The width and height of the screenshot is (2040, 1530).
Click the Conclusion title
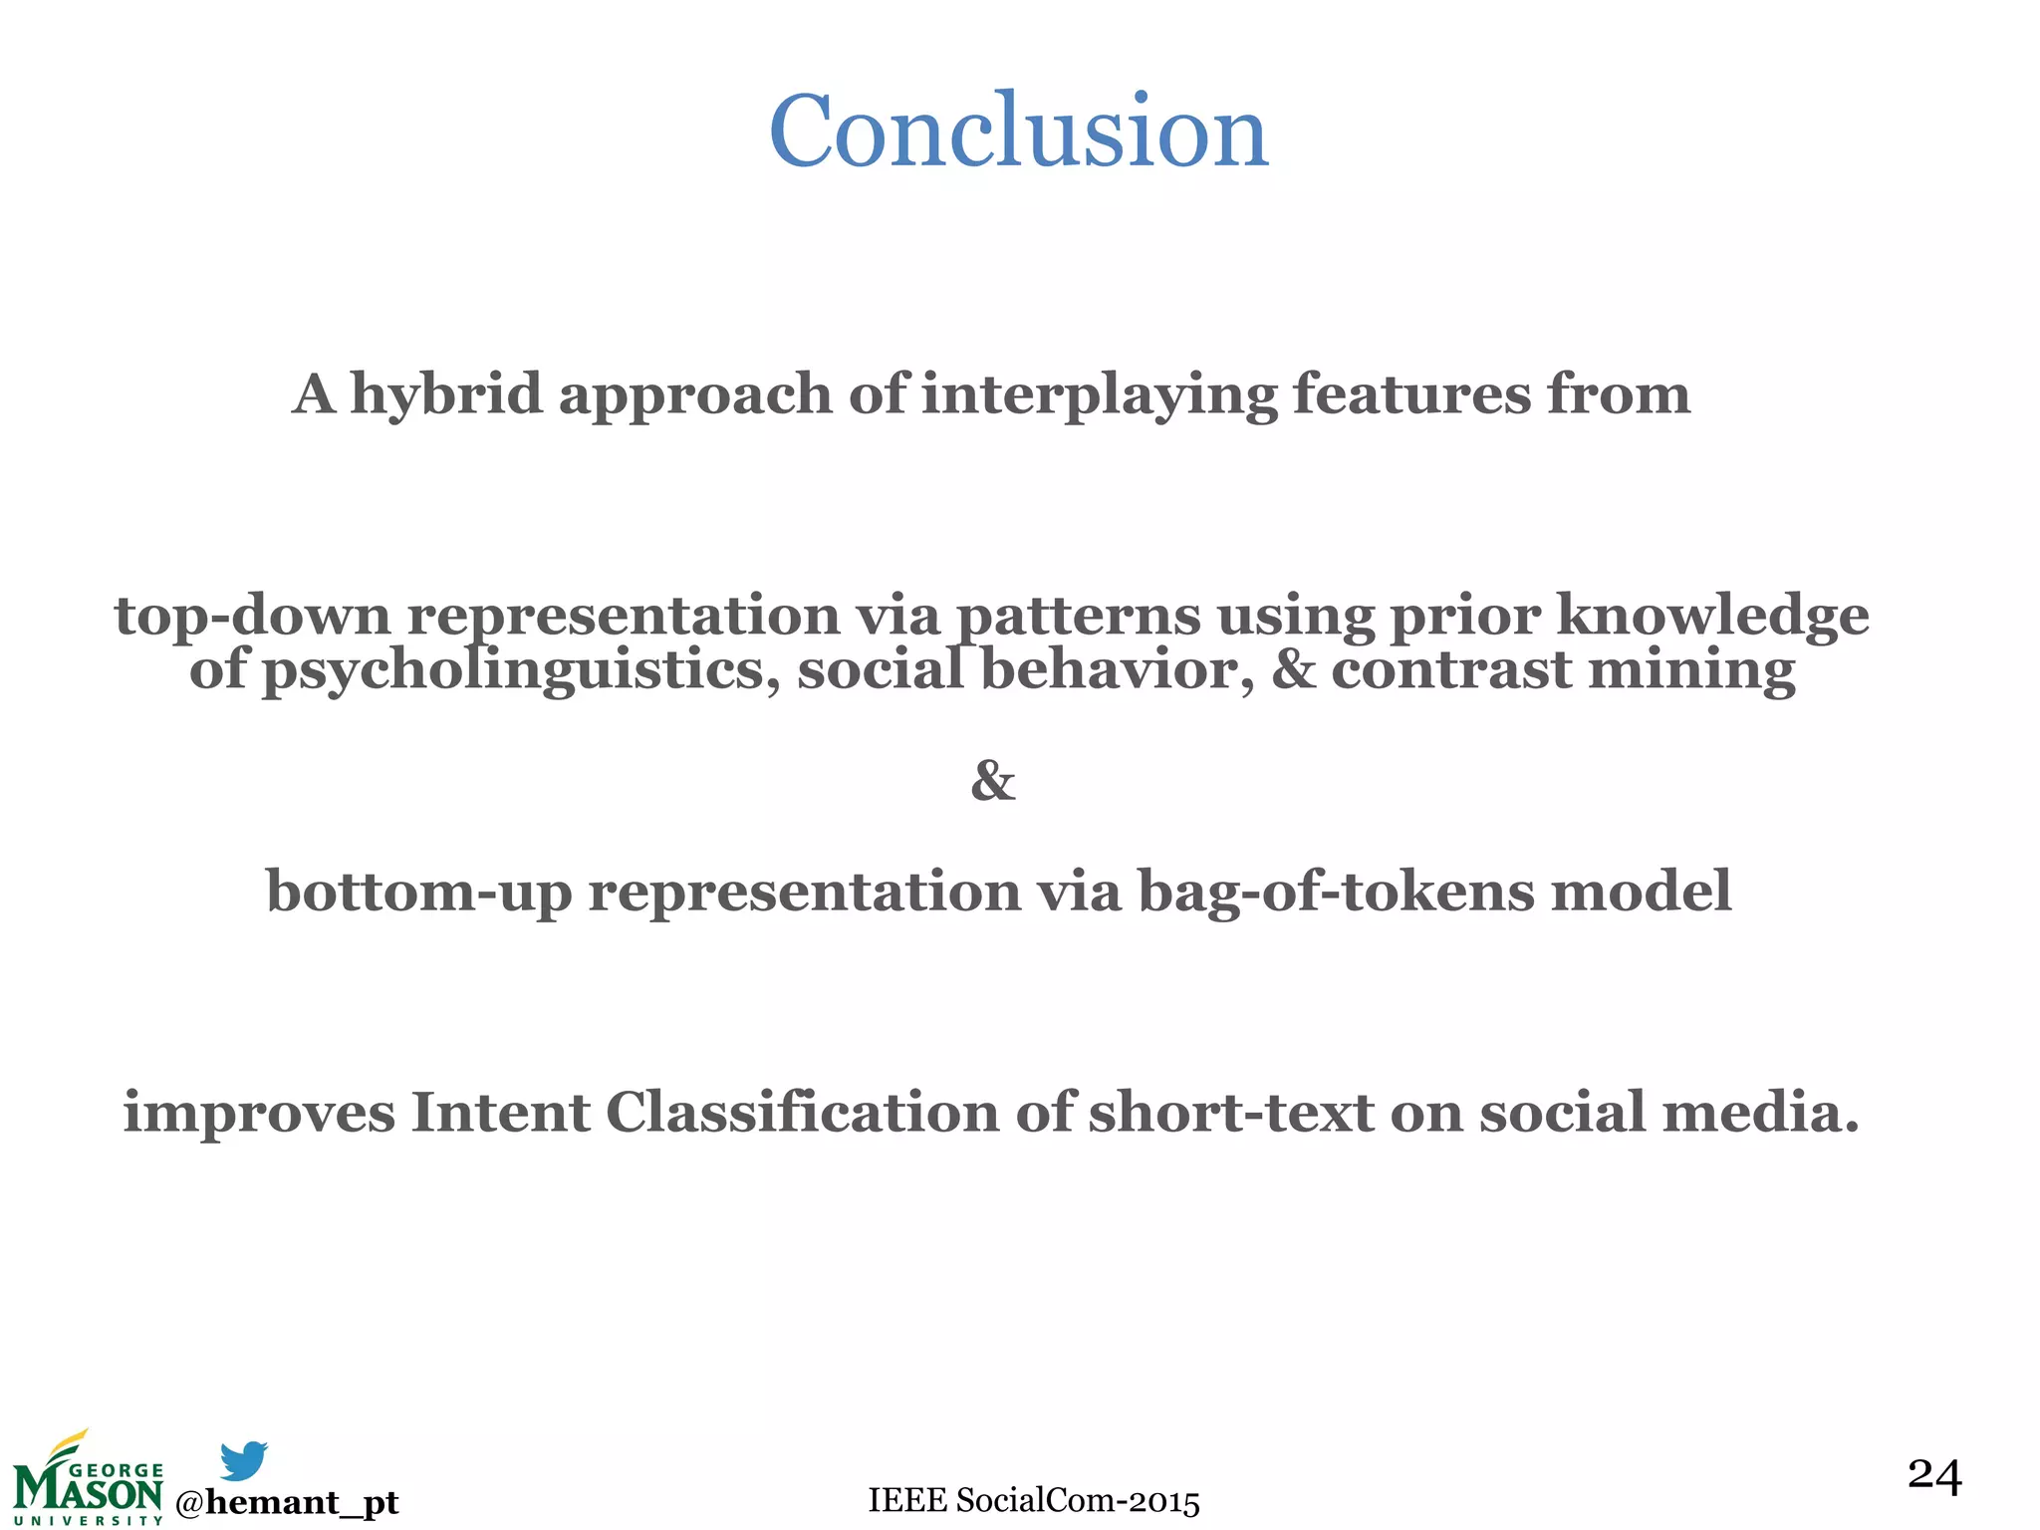1018,131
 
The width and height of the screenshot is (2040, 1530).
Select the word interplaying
1099,395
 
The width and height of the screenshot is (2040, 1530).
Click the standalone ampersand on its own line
993,781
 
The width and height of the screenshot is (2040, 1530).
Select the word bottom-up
418,891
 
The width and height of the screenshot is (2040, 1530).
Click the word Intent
500,1113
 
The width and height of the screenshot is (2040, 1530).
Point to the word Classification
802,1113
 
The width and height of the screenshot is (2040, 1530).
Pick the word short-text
1231,1113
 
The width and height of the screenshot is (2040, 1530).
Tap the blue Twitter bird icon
243,1460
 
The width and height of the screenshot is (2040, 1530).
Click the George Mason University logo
88,1481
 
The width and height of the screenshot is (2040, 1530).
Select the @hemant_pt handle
287,1502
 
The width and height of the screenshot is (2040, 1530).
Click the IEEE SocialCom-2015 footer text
1034,1500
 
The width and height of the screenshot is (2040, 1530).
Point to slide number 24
1934,1475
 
